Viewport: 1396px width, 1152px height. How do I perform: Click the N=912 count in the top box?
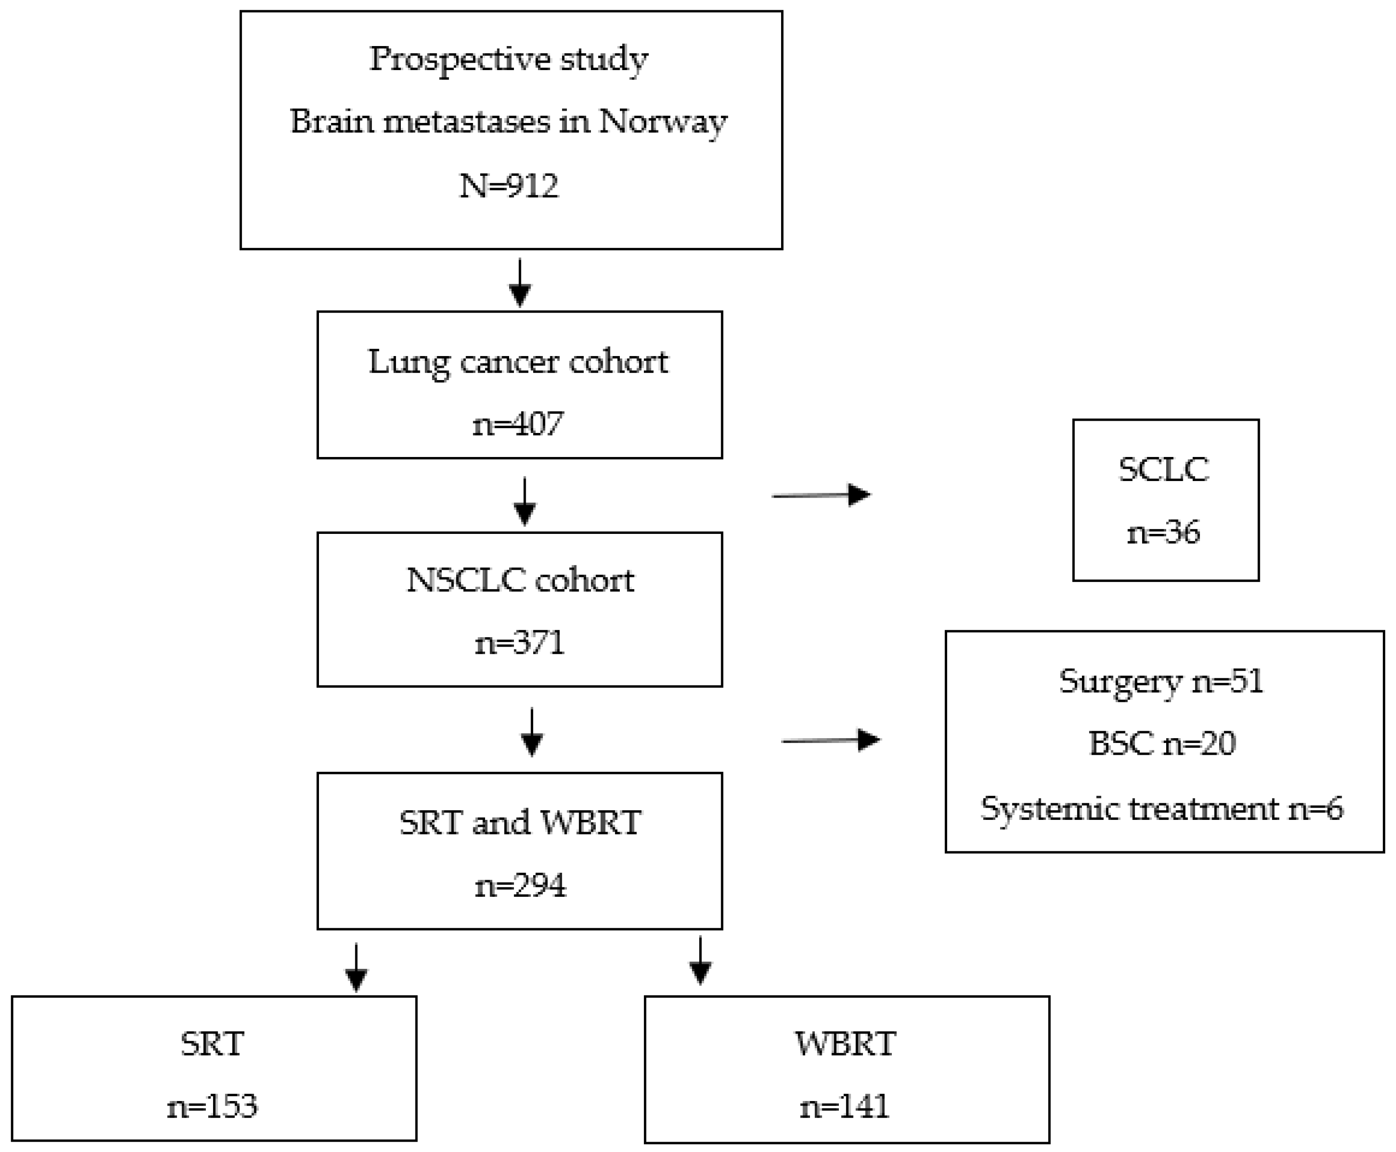coord(509,186)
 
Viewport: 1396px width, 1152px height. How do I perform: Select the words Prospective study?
coord(509,60)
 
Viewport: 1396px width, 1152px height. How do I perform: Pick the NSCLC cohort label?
coord(520,580)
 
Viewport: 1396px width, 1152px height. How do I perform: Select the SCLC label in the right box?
coord(1164,470)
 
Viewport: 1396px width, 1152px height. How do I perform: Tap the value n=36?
coord(1164,533)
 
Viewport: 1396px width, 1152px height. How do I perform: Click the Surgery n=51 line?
coord(1161,681)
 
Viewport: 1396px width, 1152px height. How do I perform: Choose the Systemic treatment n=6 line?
coord(1162,808)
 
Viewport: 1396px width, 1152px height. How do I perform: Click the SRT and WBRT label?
coord(520,823)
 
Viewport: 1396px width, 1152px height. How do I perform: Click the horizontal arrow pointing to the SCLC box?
coord(822,495)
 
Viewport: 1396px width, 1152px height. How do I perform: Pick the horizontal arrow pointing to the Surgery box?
coord(831,740)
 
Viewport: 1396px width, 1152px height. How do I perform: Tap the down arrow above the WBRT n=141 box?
coord(700,961)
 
